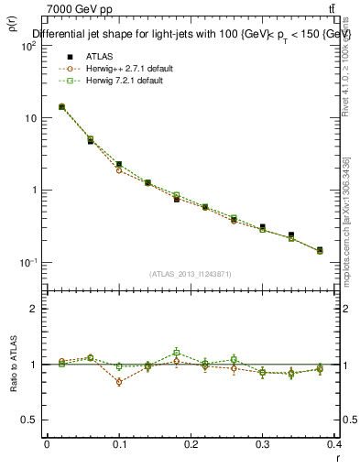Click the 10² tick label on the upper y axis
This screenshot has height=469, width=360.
[28, 46]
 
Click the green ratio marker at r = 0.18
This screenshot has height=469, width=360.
[177, 352]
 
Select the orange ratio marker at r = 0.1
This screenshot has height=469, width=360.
[119, 382]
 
